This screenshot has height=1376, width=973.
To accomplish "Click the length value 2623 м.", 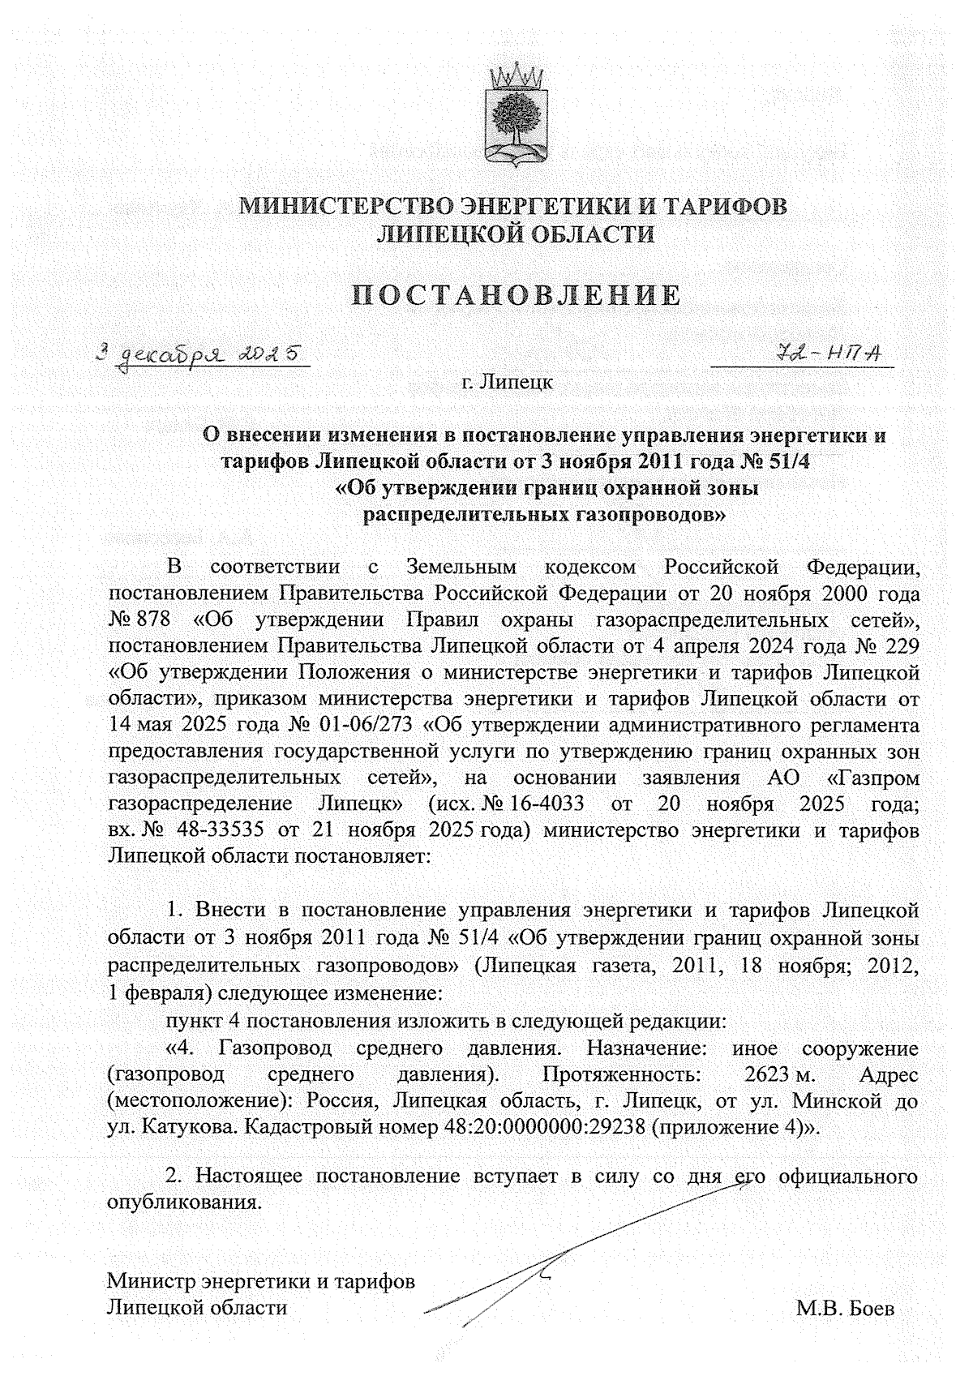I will coord(779,1075).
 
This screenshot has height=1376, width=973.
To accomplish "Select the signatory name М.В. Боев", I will coord(846,1308).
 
